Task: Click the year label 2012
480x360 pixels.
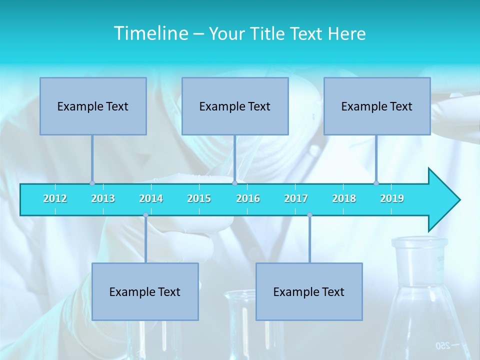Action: pyautogui.click(x=55, y=198)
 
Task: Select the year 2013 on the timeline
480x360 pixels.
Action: pyautogui.click(x=103, y=198)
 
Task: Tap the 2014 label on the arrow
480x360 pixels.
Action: pyautogui.click(x=151, y=198)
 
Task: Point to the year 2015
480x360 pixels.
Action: pyautogui.click(x=199, y=198)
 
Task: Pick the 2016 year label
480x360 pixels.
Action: pyautogui.click(x=248, y=198)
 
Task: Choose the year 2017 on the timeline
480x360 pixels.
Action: pyautogui.click(x=296, y=198)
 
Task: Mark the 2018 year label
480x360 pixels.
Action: pyautogui.click(x=344, y=198)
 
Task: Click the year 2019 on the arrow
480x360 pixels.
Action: pyautogui.click(x=392, y=198)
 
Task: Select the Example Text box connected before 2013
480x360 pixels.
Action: pyautogui.click(x=93, y=106)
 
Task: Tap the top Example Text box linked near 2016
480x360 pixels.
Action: pyautogui.click(x=235, y=106)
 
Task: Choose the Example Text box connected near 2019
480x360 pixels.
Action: pyautogui.click(x=377, y=106)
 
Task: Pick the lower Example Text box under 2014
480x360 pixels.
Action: pyautogui.click(x=145, y=291)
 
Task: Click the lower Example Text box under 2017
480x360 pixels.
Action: pyautogui.click(x=309, y=291)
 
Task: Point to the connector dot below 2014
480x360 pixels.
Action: pyautogui.click(x=145, y=215)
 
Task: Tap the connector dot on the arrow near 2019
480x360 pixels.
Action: pyautogui.click(x=376, y=183)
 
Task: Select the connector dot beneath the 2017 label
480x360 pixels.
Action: pyautogui.click(x=309, y=215)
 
